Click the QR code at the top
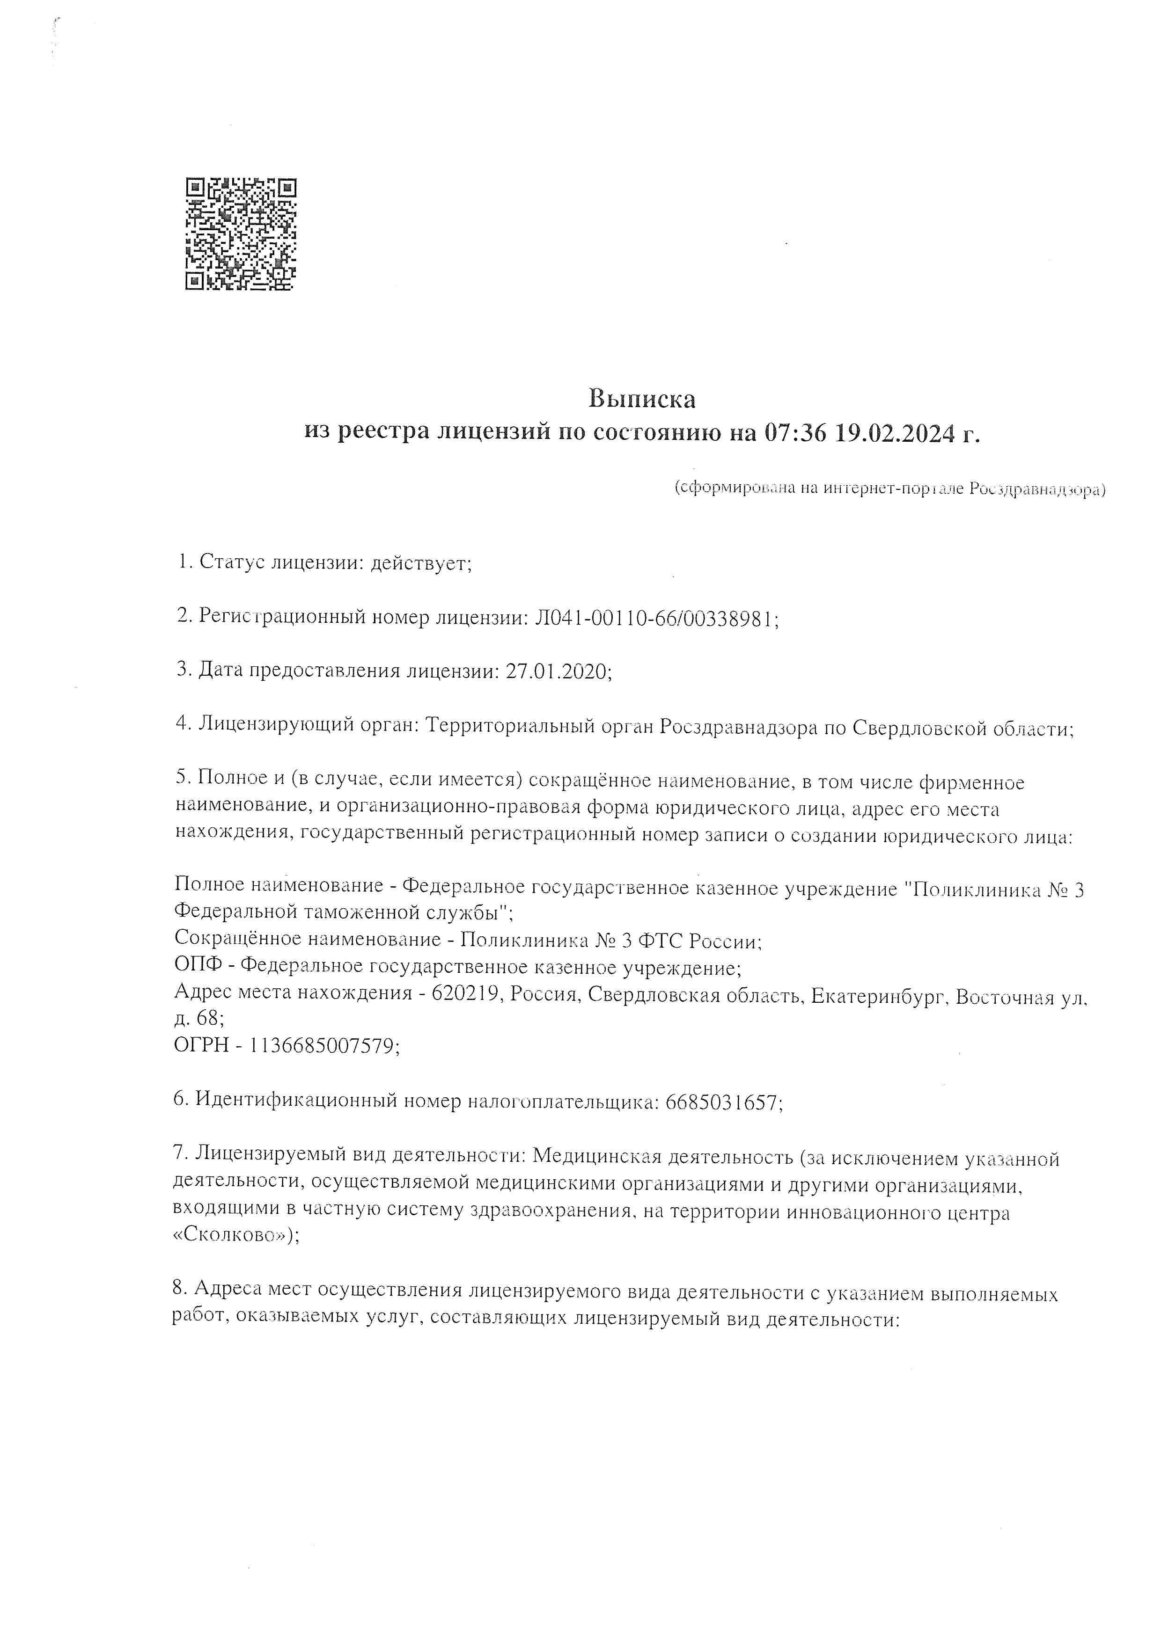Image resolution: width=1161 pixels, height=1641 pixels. (241, 233)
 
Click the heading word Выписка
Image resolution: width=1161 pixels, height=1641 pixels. (641, 398)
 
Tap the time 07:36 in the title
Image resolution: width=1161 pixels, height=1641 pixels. (795, 432)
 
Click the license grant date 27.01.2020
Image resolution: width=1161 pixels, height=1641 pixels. (556, 671)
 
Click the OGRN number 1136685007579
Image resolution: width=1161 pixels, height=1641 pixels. (321, 1046)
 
